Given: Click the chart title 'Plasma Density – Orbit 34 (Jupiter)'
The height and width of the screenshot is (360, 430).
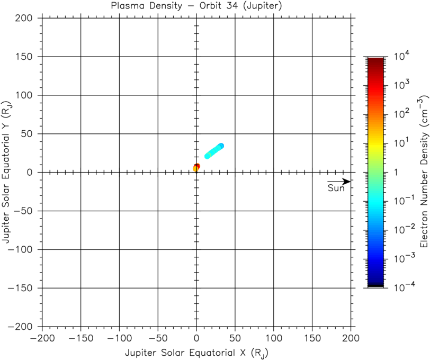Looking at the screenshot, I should point(196,7).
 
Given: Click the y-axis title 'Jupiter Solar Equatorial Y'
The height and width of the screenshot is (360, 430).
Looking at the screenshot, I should point(7,172).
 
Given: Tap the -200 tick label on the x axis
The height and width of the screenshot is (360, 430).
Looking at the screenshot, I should point(42,337).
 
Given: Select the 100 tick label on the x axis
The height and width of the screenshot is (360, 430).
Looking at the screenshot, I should point(274,337).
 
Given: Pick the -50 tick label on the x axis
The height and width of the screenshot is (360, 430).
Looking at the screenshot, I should point(158,337).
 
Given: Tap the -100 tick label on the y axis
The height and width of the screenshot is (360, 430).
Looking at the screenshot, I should point(23,250).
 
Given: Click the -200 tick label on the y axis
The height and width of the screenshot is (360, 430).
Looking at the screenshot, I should point(23,327).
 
